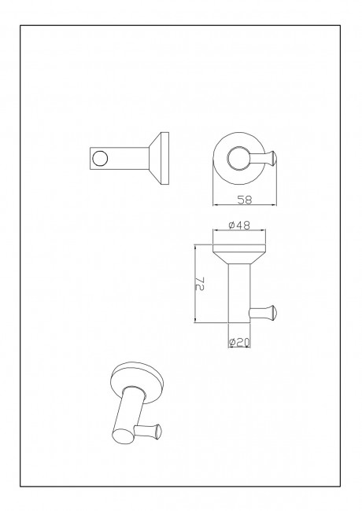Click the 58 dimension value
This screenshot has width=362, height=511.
(x=245, y=200)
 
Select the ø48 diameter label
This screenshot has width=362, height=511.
(x=239, y=225)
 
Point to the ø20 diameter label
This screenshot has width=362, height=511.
(x=239, y=342)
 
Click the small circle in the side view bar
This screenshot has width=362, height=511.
(x=100, y=158)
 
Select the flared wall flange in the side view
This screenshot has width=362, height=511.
(x=159, y=158)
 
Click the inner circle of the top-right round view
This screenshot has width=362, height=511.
(x=239, y=159)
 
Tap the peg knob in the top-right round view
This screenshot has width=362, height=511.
(x=272, y=159)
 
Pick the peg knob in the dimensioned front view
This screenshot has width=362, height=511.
(x=272, y=313)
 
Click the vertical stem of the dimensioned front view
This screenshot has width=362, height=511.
(x=239, y=293)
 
